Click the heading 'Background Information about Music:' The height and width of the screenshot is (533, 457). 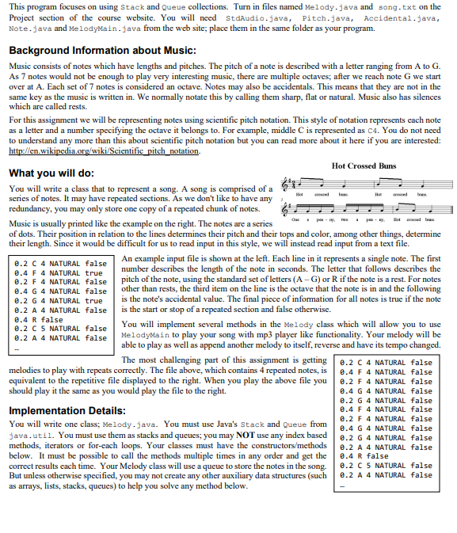pyautogui.click(x=102, y=51)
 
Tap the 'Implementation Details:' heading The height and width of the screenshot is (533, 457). pyautogui.click(x=67, y=411)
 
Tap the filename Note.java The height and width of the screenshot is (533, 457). pyautogui.click(x=26, y=27)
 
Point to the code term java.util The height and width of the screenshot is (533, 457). pyautogui.click(x=28, y=435)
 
